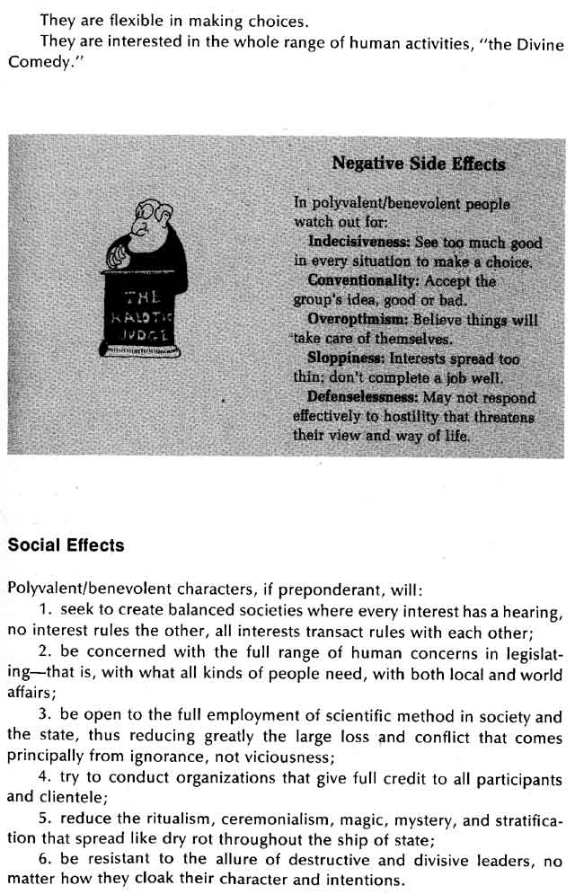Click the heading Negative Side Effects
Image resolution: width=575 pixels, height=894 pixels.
pyautogui.click(x=418, y=164)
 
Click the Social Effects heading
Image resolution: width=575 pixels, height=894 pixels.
pyautogui.click(x=66, y=545)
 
